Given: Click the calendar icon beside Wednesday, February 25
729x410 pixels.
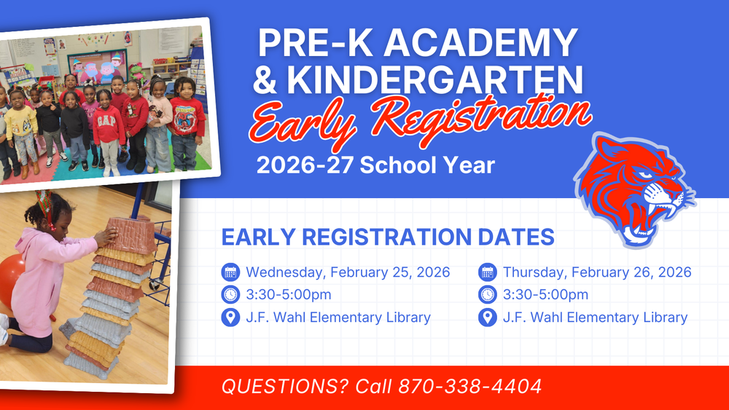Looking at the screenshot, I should [230, 272].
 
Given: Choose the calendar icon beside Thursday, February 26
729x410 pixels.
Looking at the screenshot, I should [487, 272].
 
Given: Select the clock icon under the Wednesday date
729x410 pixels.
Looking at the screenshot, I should [230, 295].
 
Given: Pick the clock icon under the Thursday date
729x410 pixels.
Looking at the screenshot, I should [487, 295].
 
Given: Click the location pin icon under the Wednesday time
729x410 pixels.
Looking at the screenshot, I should [230, 318].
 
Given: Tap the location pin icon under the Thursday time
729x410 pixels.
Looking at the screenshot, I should [487, 318].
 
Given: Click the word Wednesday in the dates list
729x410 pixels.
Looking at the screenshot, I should [284, 272].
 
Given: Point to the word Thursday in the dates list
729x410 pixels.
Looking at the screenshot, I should [534, 272].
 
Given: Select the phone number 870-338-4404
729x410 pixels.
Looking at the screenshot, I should [469, 386].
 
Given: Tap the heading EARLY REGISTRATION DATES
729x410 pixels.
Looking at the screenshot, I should [388, 237].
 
